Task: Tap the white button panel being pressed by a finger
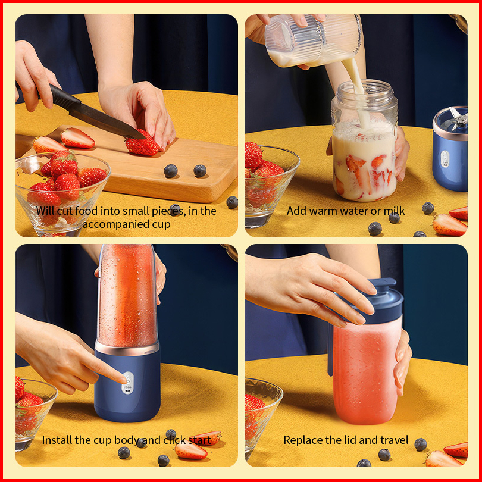tap(127, 383)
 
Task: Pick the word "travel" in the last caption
tap(394, 440)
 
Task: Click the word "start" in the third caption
tap(199, 440)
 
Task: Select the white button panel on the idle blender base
tap(445, 159)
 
